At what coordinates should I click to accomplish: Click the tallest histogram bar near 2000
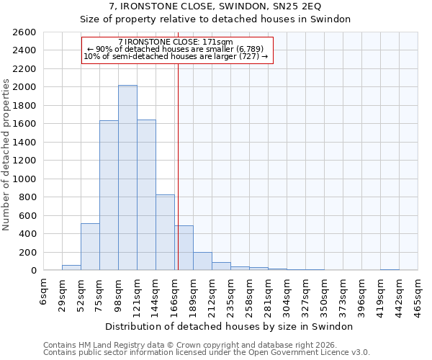click(127, 178)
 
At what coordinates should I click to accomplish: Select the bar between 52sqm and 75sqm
click(90, 247)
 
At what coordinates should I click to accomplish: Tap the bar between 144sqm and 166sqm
click(165, 233)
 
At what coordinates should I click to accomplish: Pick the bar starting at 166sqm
click(184, 248)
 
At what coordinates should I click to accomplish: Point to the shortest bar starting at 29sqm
click(71, 267)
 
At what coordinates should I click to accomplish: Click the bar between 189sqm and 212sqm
click(202, 261)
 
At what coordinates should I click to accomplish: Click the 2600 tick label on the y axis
click(26, 32)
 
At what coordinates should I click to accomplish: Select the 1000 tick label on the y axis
click(26, 179)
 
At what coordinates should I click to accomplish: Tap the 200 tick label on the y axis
click(29, 252)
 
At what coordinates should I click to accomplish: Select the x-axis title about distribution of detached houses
click(230, 326)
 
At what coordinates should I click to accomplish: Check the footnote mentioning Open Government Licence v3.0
click(207, 353)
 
